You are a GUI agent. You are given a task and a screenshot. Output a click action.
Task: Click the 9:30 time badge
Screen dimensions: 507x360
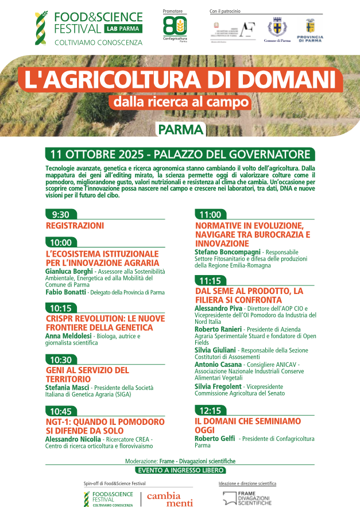[x=60, y=215]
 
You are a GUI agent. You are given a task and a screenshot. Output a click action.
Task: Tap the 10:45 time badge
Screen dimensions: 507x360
[x=60, y=411]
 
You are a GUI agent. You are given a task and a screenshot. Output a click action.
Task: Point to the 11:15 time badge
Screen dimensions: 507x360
[x=210, y=281]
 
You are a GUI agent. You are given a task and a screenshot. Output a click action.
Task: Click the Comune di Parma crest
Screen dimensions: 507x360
[x=277, y=30]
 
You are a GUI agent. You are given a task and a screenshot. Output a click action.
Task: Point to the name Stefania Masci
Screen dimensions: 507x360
[x=67, y=388]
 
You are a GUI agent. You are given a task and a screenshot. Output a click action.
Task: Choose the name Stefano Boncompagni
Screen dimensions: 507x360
[x=227, y=251]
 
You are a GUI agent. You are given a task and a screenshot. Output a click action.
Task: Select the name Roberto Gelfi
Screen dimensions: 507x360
[x=215, y=439]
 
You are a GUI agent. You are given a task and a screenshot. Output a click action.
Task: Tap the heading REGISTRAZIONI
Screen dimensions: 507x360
[x=75, y=226]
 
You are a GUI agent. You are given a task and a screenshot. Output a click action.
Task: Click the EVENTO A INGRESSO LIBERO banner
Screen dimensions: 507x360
[x=180, y=470]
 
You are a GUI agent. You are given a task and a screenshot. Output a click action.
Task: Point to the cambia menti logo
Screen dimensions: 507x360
[x=163, y=499]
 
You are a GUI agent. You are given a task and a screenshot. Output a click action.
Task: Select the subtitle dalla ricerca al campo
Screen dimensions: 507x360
[x=181, y=102]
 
